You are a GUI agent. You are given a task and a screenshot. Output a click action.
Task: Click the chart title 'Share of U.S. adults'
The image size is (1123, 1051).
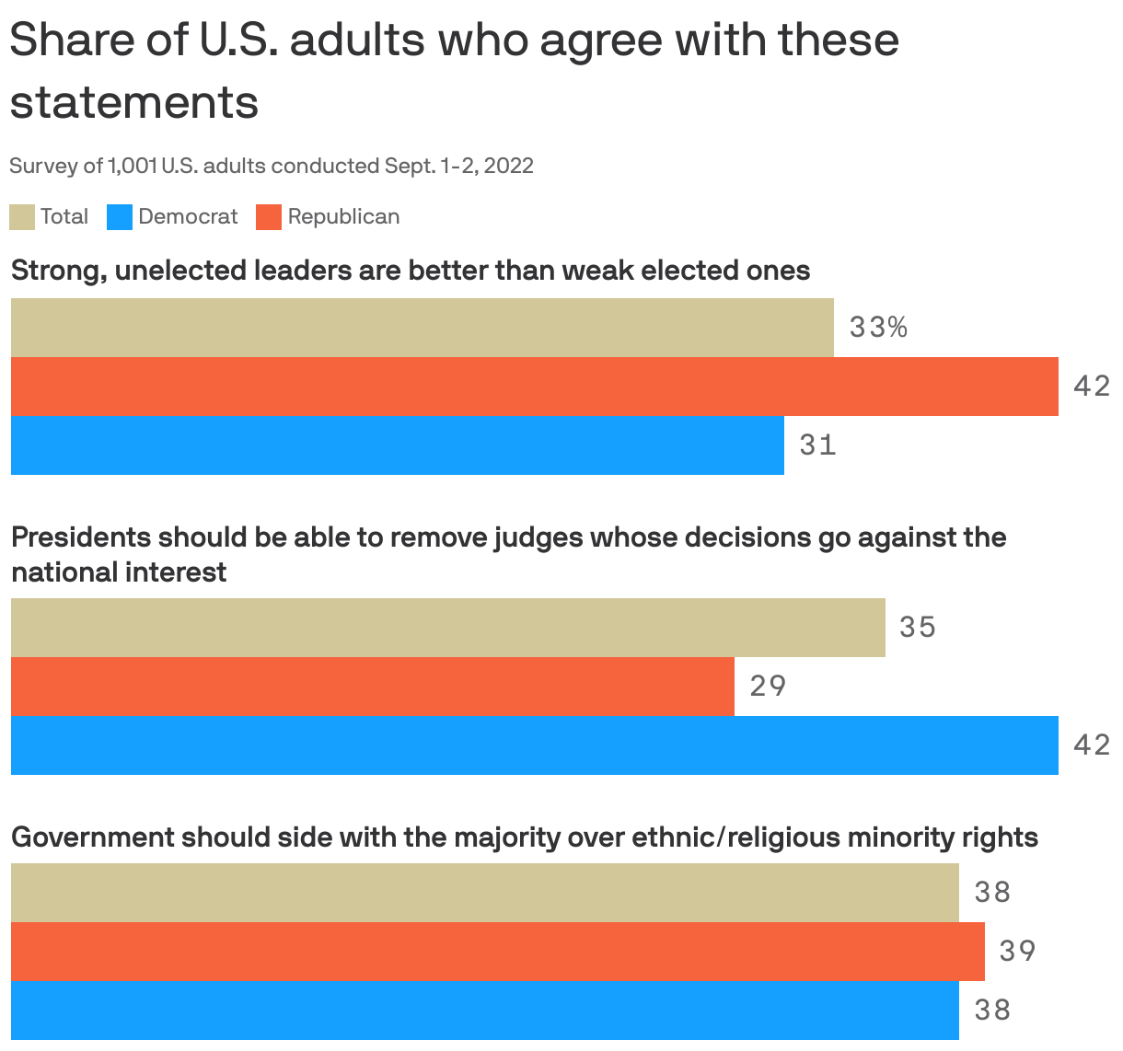(x=454, y=70)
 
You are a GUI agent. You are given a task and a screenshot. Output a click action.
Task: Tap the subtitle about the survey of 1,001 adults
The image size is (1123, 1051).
(x=272, y=166)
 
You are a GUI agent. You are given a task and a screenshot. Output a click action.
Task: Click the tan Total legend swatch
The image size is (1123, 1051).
(x=22, y=217)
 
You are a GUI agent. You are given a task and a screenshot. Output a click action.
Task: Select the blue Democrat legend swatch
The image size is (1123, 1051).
(x=120, y=217)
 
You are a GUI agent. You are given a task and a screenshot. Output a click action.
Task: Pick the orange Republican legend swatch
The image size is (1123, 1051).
(x=269, y=217)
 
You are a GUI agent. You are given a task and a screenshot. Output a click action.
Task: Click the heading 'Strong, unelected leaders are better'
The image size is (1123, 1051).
(x=411, y=271)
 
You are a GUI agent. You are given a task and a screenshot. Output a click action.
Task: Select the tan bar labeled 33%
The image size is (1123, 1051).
(x=422, y=328)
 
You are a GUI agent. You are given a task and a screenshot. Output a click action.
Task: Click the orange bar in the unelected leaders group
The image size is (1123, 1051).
(x=534, y=387)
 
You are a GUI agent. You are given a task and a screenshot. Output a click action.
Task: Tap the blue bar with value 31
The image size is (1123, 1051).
(x=397, y=445)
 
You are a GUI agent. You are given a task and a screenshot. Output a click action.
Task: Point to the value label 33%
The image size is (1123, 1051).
(x=878, y=328)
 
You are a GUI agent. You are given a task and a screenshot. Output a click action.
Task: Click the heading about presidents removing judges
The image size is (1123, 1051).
(x=508, y=554)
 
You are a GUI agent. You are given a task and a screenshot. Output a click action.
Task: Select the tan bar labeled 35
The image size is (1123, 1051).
(x=447, y=628)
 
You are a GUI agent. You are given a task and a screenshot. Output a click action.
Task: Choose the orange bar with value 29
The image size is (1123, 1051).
(x=372, y=687)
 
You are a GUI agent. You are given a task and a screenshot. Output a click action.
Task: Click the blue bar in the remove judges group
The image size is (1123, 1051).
(x=534, y=745)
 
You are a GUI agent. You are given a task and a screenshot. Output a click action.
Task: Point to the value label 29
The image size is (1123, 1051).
(x=768, y=687)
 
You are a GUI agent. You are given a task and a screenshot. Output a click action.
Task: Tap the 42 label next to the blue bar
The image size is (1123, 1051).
(x=1092, y=745)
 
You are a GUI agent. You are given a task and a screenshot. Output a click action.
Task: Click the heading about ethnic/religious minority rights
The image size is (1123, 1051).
(x=525, y=837)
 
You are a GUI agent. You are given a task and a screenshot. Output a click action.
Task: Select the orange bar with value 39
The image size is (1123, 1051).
(x=497, y=952)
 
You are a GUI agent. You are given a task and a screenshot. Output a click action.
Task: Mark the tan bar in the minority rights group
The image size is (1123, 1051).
(x=484, y=893)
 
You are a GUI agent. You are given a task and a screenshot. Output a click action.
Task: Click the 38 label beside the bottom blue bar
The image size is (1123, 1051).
(x=992, y=1011)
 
